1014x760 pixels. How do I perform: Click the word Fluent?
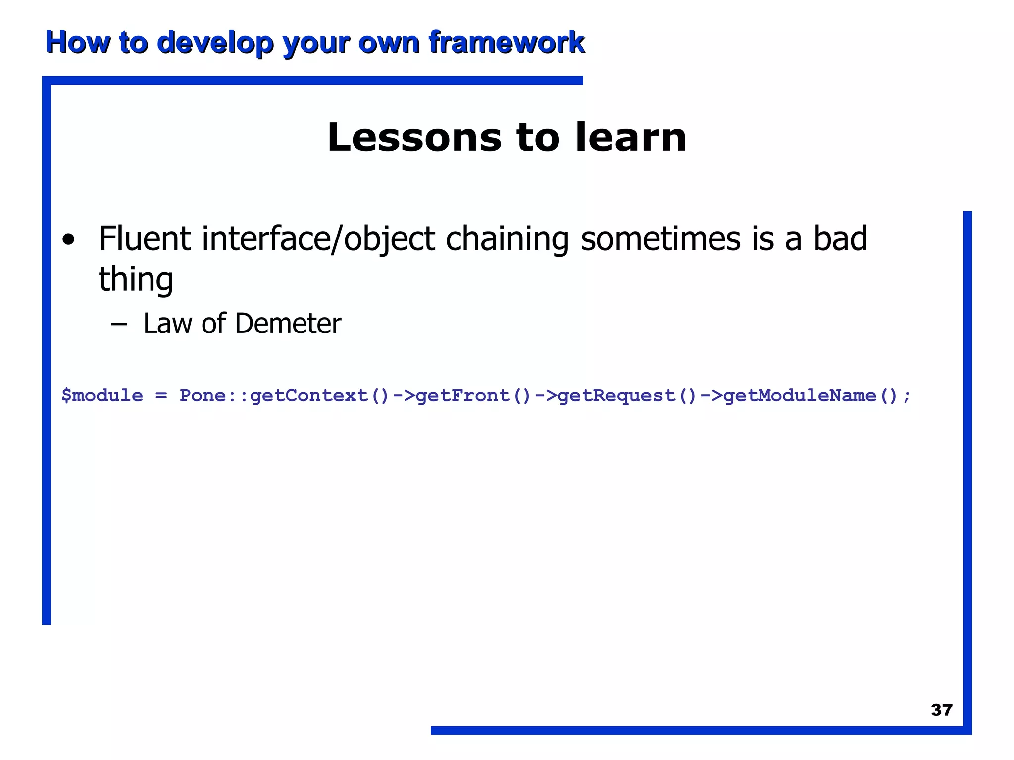click(145, 238)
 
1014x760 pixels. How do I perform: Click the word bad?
click(840, 238)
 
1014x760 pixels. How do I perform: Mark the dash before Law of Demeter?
click(119, 325)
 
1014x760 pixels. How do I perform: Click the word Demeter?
click(288, 324)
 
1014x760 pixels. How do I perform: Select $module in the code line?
click(102, 395)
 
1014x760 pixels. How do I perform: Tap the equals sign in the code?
click(161, 396)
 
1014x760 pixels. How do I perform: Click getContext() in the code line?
click(320, 396)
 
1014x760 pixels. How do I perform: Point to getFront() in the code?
click(474, 396)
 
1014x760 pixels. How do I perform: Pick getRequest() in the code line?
click(627, 396)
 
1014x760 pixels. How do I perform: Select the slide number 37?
click(941, 710)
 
